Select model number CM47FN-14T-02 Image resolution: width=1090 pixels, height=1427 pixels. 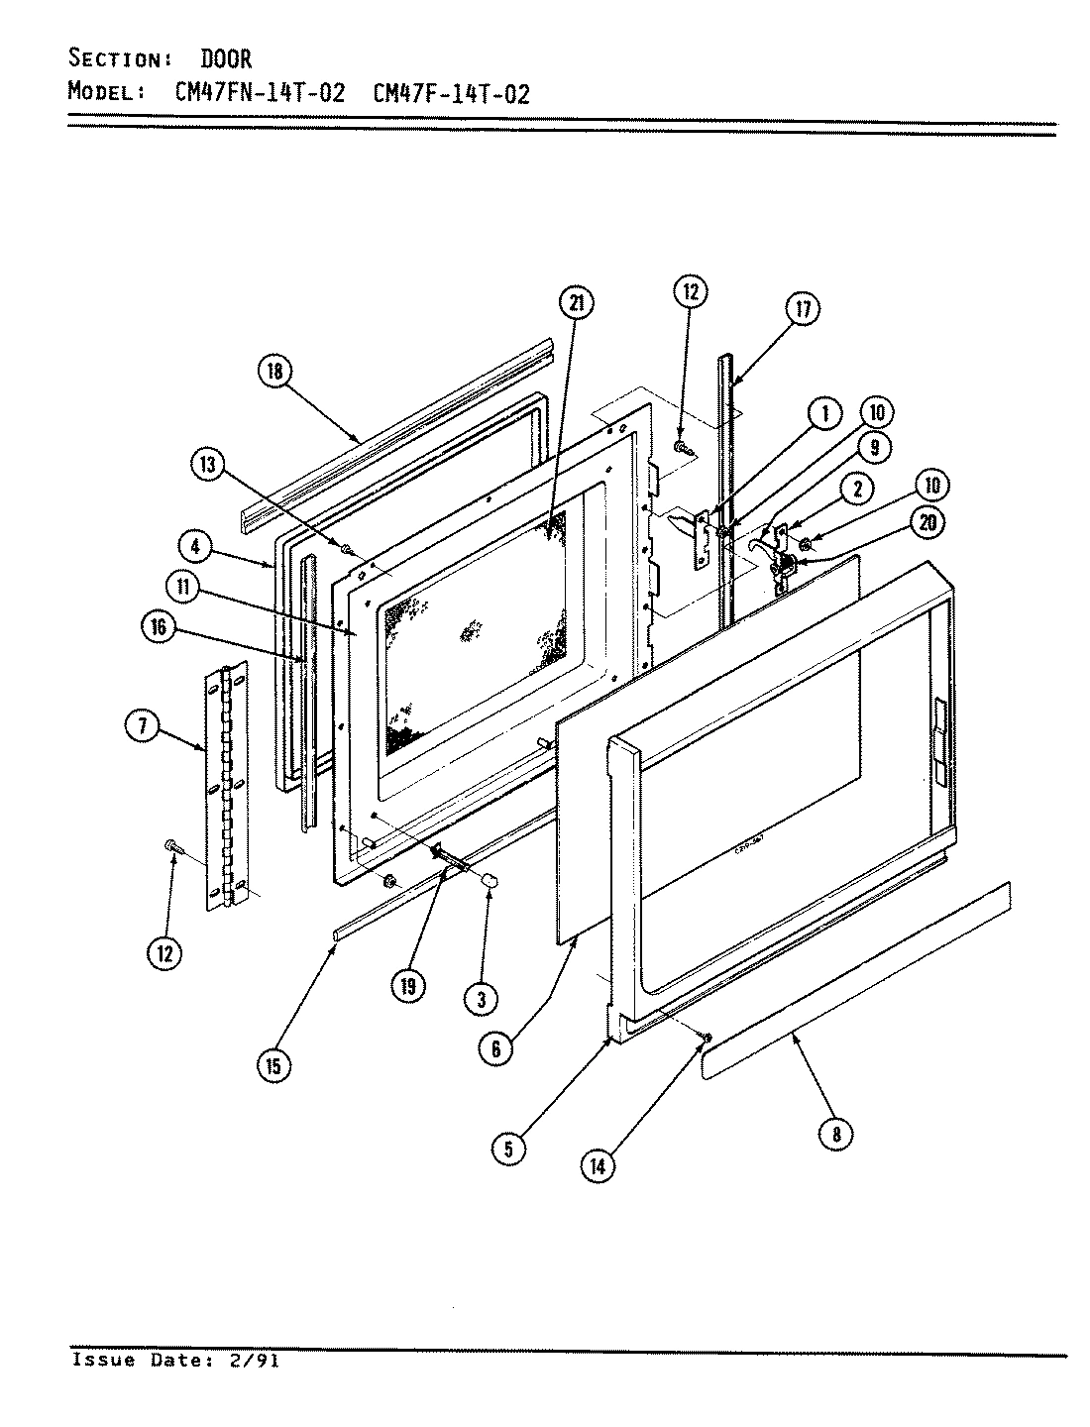253,94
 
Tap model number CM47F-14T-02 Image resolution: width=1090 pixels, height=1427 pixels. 451,94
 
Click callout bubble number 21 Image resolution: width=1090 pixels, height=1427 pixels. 576,303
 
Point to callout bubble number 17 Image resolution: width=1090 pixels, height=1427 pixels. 802,310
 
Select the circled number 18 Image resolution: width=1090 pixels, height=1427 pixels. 276,372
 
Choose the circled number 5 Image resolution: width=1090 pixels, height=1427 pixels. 508,1149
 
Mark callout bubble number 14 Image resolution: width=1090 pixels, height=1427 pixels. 598,1165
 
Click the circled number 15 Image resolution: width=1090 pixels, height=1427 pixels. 273,1065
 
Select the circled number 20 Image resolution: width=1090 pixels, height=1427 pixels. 926,525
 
